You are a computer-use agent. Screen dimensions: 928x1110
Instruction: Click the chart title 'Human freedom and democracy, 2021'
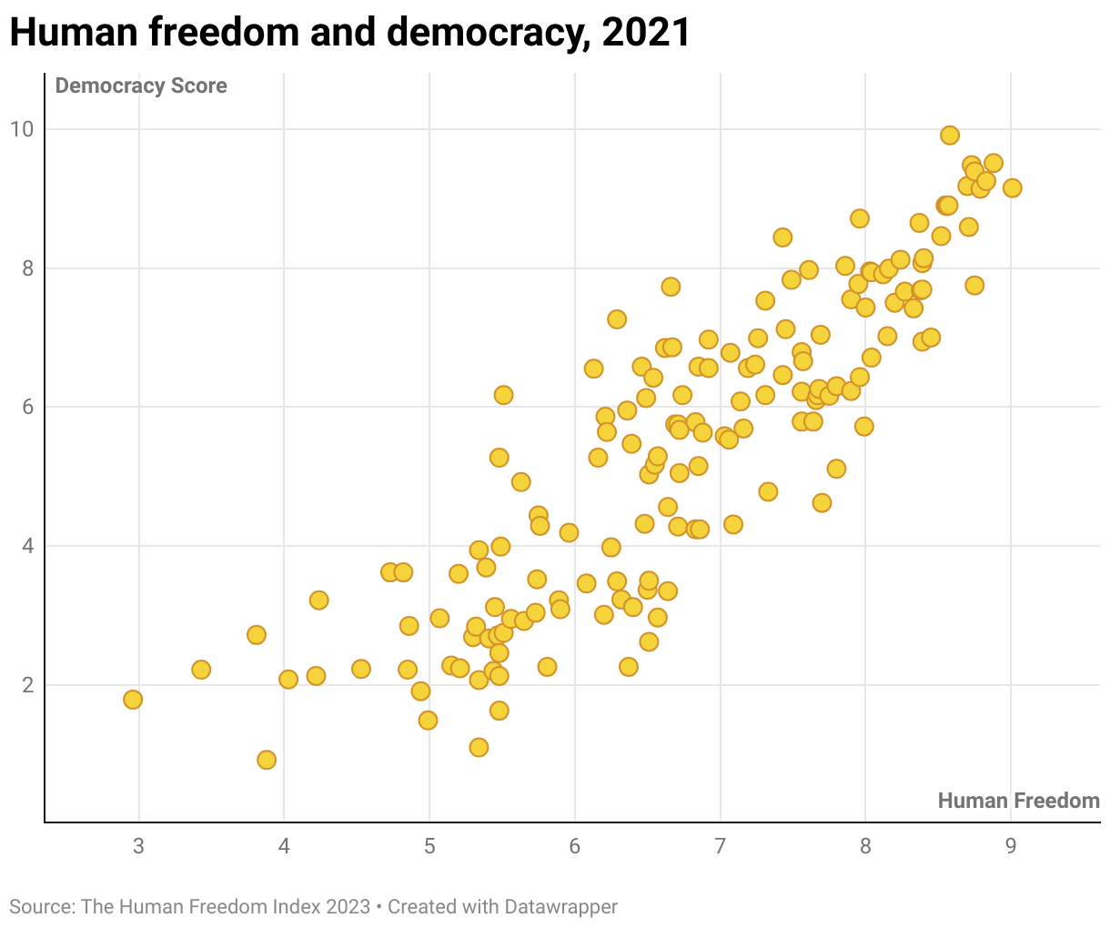(x=349, y=33)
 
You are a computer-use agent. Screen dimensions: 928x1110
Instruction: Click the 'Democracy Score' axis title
(x=141, y=86)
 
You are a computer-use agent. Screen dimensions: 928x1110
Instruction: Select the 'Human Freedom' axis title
(x=1018, y=801)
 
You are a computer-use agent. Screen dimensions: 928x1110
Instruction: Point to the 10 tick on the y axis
(x=22, y=129)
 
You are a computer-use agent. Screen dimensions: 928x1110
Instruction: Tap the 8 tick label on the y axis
(x=27, y=268)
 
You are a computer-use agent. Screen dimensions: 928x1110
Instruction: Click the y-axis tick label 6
(x=27, y=407)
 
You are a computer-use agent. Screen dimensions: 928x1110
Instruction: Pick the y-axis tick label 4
(x=27, y=546)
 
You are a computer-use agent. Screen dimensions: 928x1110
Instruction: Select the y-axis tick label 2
(x=27, y=685)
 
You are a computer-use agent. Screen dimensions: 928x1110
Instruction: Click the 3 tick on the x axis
(x=138, y=846)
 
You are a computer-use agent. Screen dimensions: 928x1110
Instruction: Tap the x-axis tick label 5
(x=429, y=846)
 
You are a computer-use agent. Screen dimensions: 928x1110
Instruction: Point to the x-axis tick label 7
(x=720, y=846)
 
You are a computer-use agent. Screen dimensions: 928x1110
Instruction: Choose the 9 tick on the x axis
(x=1011, y=846)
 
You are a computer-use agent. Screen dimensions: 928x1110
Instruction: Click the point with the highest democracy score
(x=949, y=136)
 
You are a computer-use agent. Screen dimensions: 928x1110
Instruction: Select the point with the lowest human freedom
(x=133, y=700)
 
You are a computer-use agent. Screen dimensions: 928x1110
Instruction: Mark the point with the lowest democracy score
(x=267, y=760)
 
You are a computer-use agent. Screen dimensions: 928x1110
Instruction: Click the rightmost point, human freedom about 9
(x=1012, y=188)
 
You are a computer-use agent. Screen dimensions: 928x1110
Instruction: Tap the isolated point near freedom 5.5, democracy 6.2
(x=503, y=395)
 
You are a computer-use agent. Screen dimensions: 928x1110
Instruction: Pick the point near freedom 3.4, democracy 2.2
(x=201, y=670)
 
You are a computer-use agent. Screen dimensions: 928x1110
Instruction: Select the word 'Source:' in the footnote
(x=42, y=907)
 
